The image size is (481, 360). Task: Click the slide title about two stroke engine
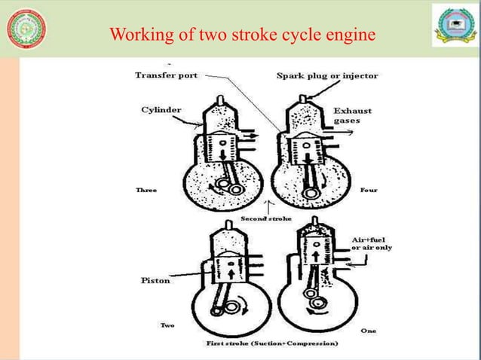242,35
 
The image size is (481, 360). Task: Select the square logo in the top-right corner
454,29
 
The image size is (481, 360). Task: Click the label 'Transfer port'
166,75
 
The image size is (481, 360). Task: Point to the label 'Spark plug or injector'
327,75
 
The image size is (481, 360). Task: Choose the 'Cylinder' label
161,109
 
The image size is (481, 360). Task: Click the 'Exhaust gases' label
353,115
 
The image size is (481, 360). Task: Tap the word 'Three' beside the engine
146,191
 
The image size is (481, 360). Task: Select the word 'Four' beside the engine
369,190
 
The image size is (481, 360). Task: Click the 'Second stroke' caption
265,218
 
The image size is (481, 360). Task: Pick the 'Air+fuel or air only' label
372,243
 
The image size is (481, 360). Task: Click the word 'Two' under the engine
168,325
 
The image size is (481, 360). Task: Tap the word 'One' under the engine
369,331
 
